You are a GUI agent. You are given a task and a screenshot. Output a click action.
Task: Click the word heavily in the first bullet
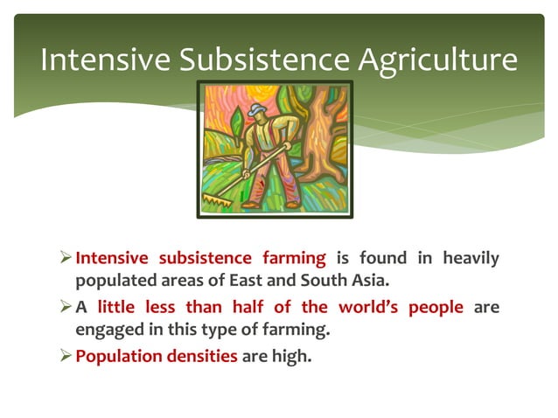(471, 259)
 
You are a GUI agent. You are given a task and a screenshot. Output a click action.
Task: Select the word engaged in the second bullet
(108, 331)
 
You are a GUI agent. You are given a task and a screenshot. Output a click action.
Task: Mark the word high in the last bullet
(290, 357)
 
